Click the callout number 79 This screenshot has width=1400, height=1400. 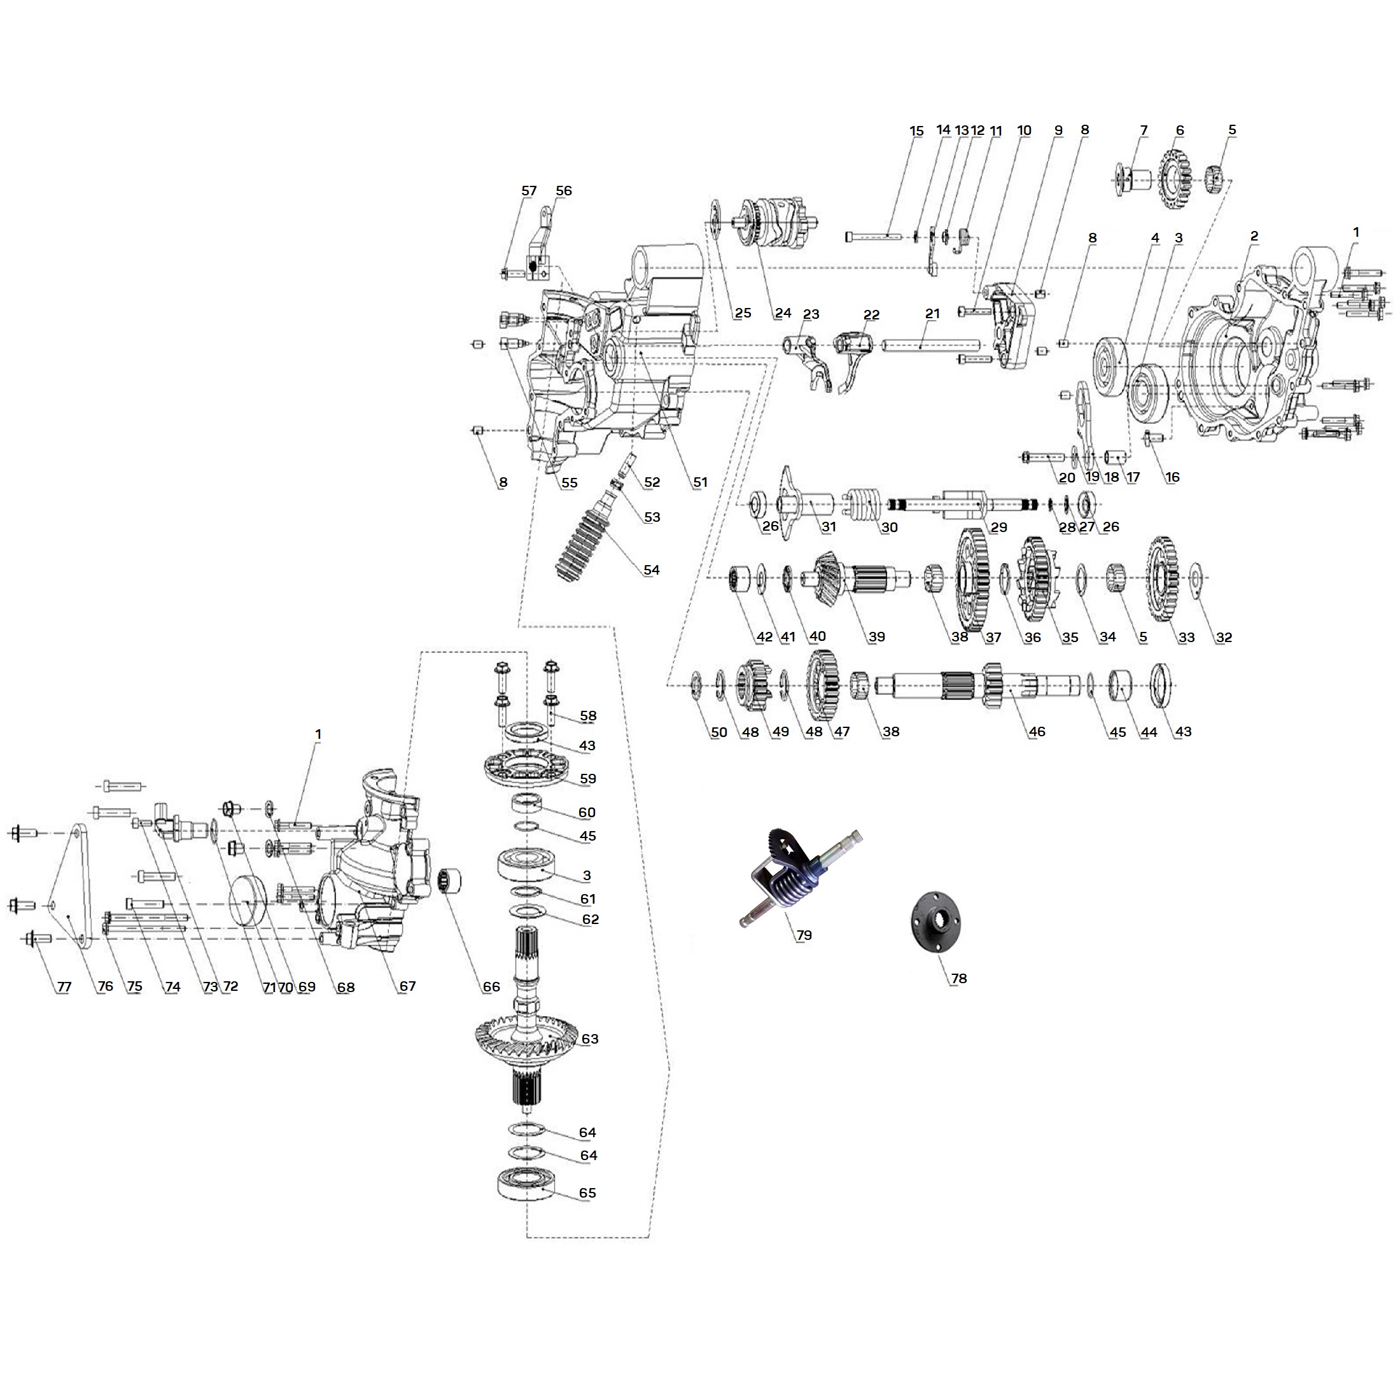804,935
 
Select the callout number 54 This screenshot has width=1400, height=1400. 652,570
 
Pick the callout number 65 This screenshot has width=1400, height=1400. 587,1193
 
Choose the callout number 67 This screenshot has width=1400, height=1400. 407,986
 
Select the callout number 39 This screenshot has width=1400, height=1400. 877,637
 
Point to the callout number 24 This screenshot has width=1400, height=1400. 783,313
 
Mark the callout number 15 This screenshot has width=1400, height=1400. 916,131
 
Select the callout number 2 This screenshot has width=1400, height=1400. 1254,235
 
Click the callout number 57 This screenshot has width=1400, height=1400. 529,190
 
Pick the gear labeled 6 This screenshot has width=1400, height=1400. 1175,179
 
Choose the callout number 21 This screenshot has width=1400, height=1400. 933,313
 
